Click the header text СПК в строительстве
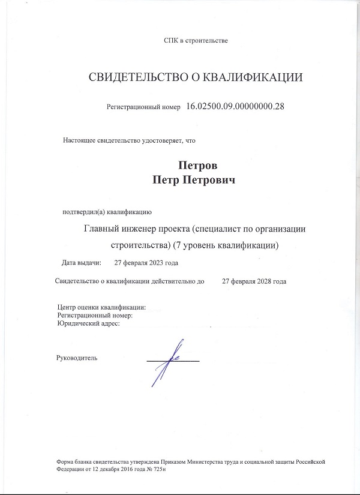(x=196, y=40)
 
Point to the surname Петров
(x=196, y=166)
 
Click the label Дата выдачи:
(x=82, y=263)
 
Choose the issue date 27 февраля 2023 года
(x=146, y=263)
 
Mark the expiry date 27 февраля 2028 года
(x=254, y=281)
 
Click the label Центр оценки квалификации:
(x=101, y=307)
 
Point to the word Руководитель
(x=76, y=358)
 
